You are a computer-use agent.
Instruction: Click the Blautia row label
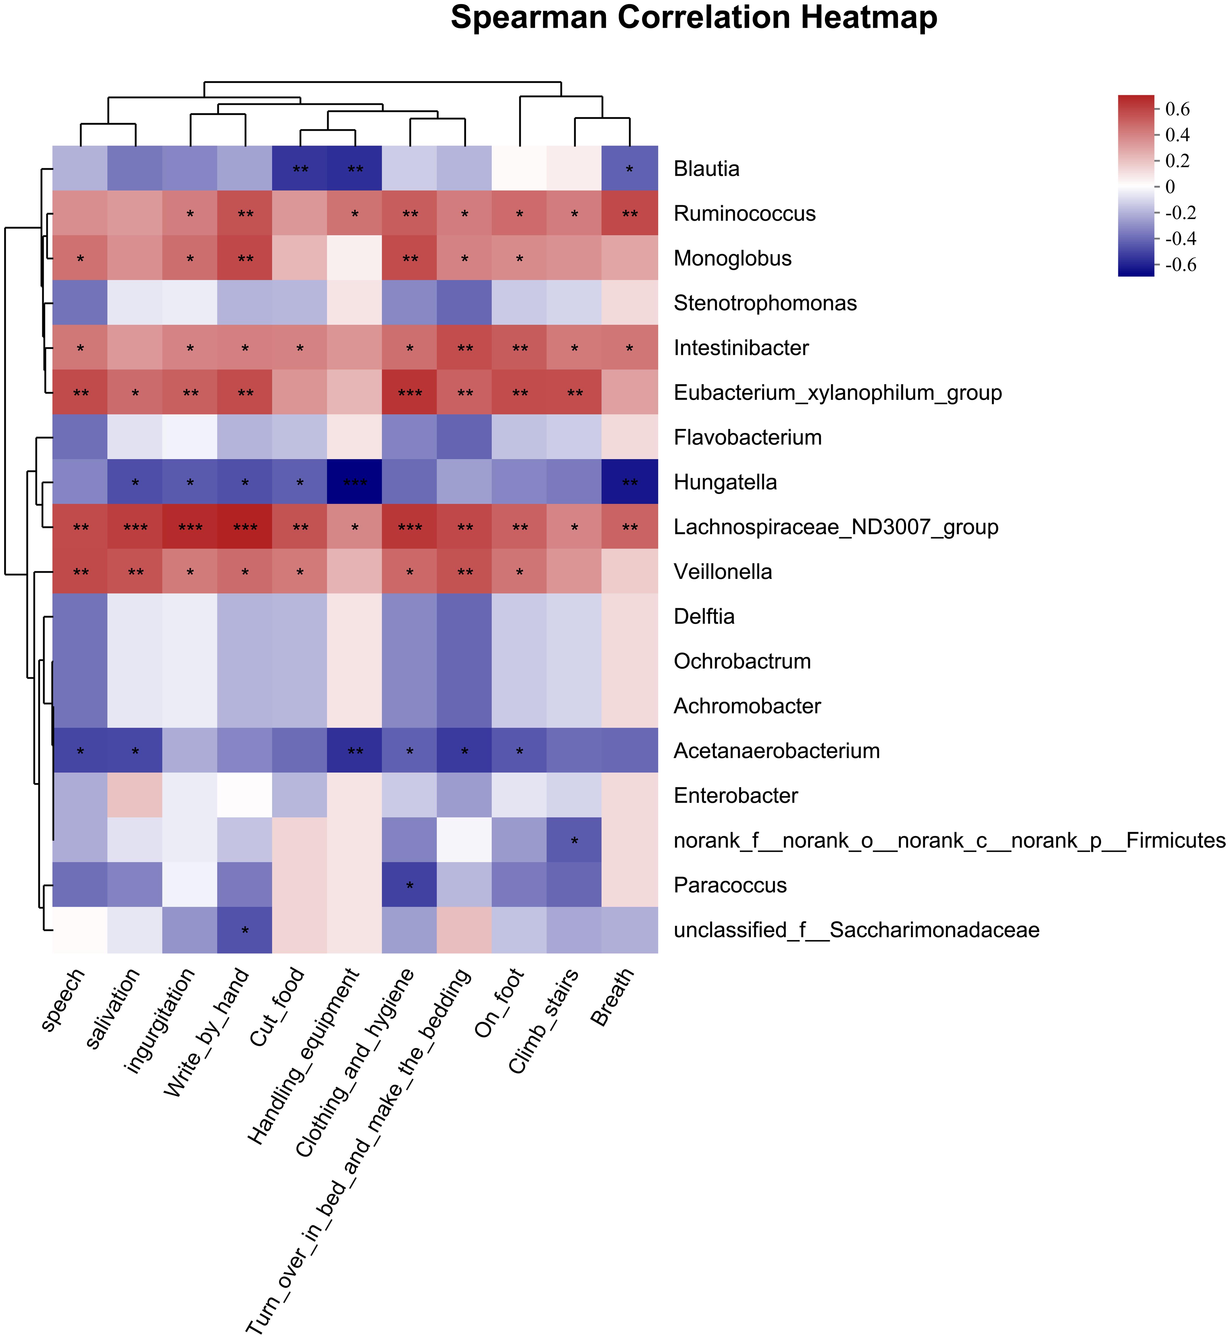[x=706, y=169]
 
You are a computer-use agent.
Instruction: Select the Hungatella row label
[x=725, y=482]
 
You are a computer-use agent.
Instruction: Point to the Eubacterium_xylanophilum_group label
[x=837, y=393]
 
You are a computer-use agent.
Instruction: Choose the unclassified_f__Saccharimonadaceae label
[x=856, y=930]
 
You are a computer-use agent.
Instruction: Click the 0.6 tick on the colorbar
[x=1177, y=109]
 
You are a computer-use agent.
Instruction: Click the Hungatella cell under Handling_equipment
[x=355, y=482]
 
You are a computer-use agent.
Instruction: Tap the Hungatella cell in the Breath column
[x=630, y=482]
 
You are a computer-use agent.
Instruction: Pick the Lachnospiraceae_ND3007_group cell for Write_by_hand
[x=245, y=527]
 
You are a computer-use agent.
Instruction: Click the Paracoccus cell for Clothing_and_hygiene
[x=410, y=885]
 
